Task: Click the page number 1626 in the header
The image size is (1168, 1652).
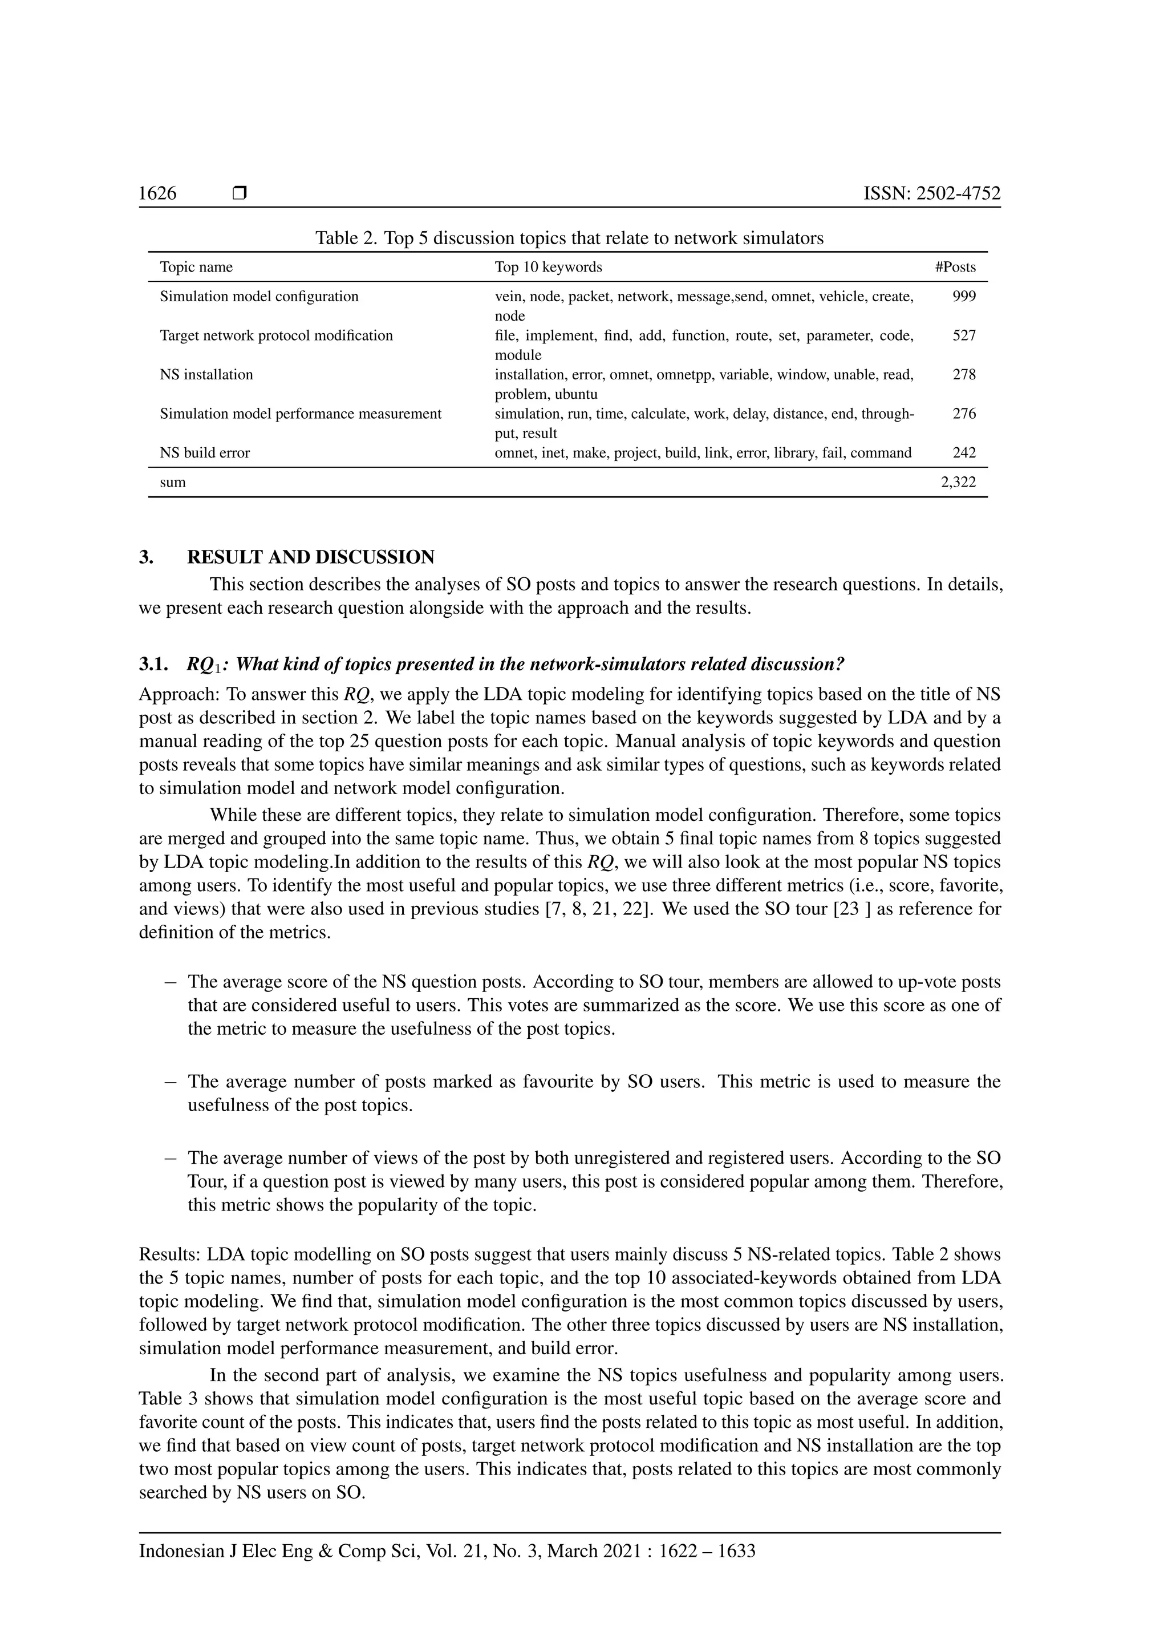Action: [x=157, y=193]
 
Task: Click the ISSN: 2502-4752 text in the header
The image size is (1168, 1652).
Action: [x=931, y=193]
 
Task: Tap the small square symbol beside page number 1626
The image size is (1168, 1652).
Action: [x=240, y=193]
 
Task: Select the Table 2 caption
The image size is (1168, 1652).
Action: [x=569, y=238]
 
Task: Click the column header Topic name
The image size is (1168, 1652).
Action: [x=196, y=267]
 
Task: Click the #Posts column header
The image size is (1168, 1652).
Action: [x=955, y=267]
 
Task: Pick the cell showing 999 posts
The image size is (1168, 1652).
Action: [x=964, y=297]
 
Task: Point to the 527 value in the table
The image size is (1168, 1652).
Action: [x=964, y=335]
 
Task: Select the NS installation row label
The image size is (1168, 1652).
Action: [x=206, y=375]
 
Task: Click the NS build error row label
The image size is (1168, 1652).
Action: [x=205, y=452]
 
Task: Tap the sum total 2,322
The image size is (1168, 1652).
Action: [x=958, y=482]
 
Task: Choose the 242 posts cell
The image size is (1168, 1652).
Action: [x=964, y=452]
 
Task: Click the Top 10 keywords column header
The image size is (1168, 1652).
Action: [x=548, y=267]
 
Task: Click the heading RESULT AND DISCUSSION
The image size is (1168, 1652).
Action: [x=311, y=557]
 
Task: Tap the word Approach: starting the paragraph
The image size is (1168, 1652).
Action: [x=180, y=694]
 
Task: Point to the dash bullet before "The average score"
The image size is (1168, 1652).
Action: [x=170, y=982]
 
